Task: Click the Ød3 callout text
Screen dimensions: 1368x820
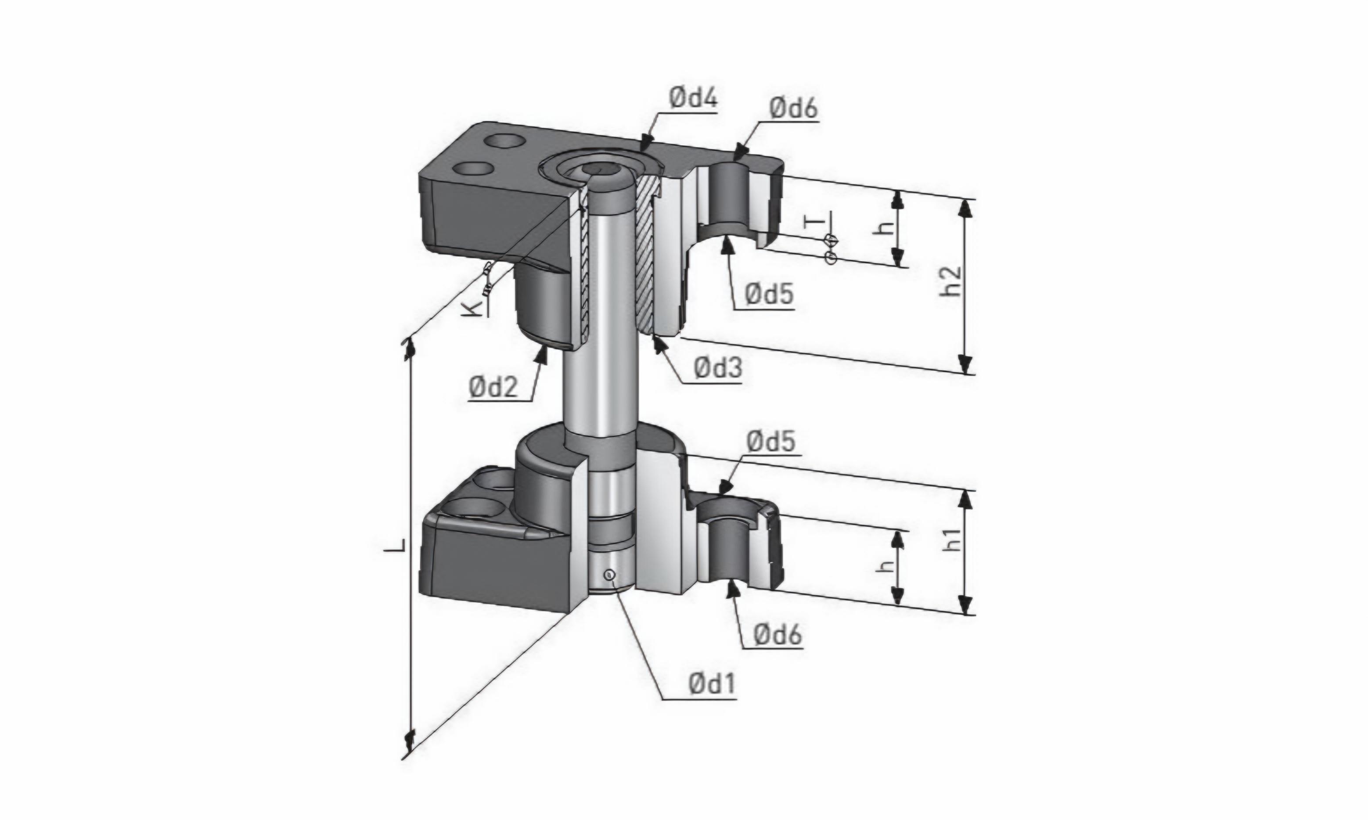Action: tap(718, 368)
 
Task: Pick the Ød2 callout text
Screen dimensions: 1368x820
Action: tap(494, 388)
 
